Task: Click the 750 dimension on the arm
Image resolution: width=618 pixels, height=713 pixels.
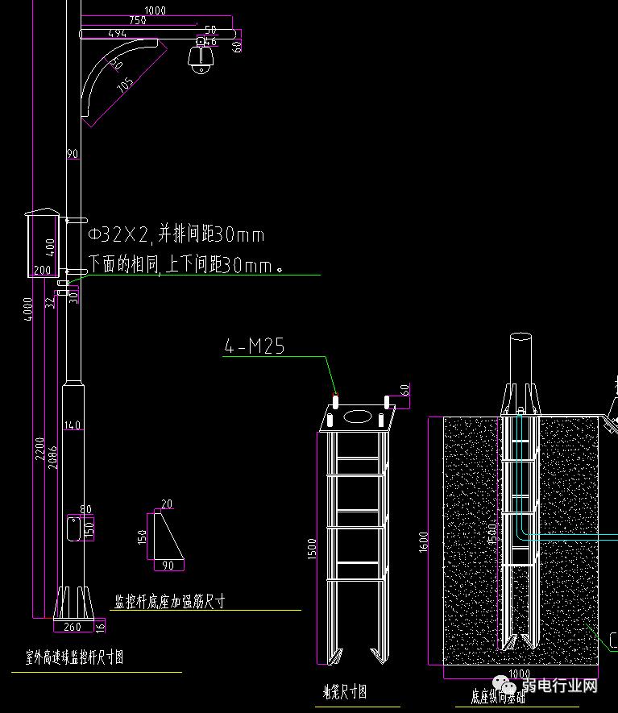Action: pos(138,20)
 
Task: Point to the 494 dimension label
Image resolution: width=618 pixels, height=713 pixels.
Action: pos(117,33)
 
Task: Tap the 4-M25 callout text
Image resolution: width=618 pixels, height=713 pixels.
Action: pos(254,346)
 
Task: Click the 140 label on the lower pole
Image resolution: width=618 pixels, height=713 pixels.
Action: pos(73,425)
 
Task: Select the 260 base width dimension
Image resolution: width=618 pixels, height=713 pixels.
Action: pos(72,627)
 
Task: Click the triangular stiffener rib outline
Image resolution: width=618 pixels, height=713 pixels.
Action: pos(165,535)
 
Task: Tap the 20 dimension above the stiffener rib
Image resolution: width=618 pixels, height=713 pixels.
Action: pos(167,504)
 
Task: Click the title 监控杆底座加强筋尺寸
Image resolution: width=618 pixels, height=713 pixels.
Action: pos(169,601)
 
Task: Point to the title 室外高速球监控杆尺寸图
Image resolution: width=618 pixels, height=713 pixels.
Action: pos(74,657)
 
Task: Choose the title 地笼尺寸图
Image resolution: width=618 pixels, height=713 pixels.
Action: pos(345,691)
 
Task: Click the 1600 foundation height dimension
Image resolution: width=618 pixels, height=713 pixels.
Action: pos(425,541)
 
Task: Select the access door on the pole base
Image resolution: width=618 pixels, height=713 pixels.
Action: pos(72,529)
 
